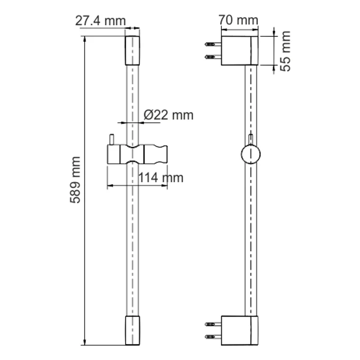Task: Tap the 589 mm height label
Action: pyautogui.click(x=76, y=180)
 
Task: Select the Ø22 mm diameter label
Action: pyautogui.click(x=168, y=115)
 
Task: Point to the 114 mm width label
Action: pyautogui.click(x=160, y=178)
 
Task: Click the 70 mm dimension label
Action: pyautogui.click(x=238, y=20)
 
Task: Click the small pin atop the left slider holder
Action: pyautogui.click(x=110, y=139)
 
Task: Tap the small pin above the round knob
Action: pyautogui.click(x=251, y=139)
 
